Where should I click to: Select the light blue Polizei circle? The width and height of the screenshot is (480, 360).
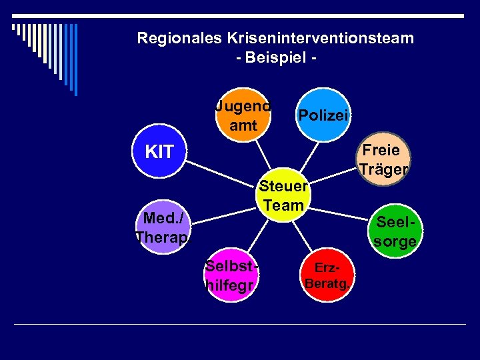323,115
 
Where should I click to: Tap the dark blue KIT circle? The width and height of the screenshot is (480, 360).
159,152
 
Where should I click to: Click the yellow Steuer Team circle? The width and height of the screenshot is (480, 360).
283,195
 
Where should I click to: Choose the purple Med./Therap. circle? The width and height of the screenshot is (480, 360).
163,227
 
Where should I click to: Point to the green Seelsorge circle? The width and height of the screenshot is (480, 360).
395,231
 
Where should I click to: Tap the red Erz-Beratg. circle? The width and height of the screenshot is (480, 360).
327,274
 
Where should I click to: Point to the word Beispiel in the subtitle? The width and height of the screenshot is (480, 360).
275,57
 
